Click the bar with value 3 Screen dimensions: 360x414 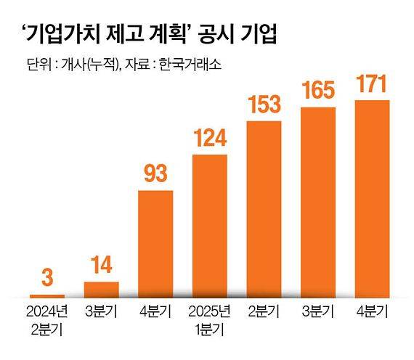coord(47,295)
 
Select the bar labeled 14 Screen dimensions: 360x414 coord(102,289)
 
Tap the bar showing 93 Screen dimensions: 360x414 coord(155,243)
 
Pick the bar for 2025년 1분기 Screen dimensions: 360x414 coord(209,225)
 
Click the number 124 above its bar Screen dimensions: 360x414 coord(209,137)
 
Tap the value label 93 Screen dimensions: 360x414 coord(155,173)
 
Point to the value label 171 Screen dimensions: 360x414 coord(372,83)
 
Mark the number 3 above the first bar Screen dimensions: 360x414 coord(47,277)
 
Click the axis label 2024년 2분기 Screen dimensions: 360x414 coord(47,319)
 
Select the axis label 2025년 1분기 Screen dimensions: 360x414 coord(209,319)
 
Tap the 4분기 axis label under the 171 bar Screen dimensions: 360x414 coord(372,313)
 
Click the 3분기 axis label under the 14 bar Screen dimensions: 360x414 coord(102,313)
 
